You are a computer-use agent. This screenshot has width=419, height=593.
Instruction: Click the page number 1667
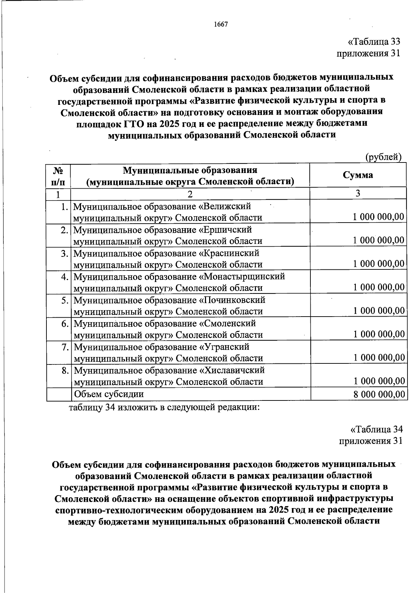click(220, 24)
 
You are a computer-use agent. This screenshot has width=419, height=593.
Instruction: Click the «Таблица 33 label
click(373, 42)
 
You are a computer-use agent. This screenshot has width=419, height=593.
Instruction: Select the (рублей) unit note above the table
click(383, 157)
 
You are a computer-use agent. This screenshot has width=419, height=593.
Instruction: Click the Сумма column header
click(358, 175)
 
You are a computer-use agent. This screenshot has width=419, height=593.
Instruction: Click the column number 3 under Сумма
click(358, 193)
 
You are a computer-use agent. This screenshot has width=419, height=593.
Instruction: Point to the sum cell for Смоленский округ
click(378, 334)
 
